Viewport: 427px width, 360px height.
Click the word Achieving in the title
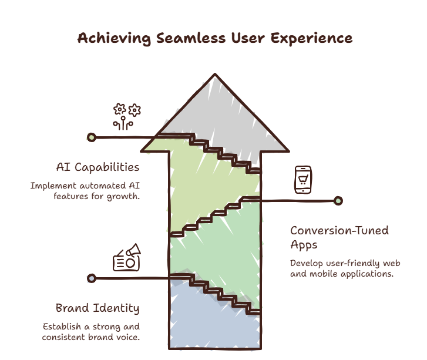coord(114,38)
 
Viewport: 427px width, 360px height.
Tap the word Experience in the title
coord(311,38)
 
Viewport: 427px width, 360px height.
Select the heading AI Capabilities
coord(97,167)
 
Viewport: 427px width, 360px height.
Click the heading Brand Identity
coord(97,308)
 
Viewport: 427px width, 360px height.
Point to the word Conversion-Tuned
coord(339,231)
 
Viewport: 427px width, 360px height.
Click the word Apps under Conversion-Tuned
coord(304,245)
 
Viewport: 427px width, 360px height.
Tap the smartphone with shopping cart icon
coord(303,180)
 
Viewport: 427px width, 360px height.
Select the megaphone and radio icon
coord(127,257)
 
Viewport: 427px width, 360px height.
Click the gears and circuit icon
coord(127,116)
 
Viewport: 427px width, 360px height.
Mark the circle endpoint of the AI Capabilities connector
coord(92,137)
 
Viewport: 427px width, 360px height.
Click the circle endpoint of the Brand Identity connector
coord(92,278)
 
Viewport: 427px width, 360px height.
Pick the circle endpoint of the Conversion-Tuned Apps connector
coord(338,201)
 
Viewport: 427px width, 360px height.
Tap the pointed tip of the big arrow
coord(215,74)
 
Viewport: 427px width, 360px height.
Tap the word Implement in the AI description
coord(53,186)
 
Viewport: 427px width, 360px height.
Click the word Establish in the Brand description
coord(62,327)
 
